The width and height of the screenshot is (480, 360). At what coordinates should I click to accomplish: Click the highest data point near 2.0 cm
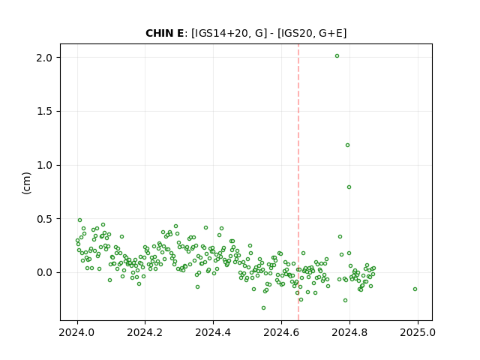pyautogui.click(x=337, y=56)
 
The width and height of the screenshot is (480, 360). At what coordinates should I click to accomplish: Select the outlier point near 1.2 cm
pyautogui.click(x=347, y=145)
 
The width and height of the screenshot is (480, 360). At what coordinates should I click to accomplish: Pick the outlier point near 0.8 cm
pyautogui.click(x=349, y=187)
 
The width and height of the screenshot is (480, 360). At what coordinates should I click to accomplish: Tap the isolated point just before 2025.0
pyautogui.click(x=415, y=289)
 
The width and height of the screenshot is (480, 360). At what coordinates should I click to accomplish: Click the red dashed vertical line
pyautogui.click(x=298, y=182)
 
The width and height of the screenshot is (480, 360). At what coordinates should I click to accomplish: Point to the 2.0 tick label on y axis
pyautogui.click(x=43, y=58)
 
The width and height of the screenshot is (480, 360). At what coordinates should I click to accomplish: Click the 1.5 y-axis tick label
pyautogui.click(x=43, y=112)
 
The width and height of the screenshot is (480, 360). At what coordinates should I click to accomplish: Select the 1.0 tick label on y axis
pyautogui.click(x=43, y=165)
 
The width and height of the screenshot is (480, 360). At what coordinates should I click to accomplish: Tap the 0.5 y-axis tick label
pyautogui.click(x=43, y=219)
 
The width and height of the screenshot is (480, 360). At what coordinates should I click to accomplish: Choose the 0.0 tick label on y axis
pyautogui.click(x=43, y=272)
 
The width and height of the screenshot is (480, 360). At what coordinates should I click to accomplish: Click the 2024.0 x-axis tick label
pyautogui.click(x=76, y=332)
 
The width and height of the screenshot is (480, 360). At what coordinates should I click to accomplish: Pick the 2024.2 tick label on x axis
pyautogui.click(x=145, y=332)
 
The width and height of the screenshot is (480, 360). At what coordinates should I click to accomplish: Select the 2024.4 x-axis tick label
pyautogui.click(x=213, y=332)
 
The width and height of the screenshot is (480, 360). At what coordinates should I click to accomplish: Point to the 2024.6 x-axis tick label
pyautogui.click(x=281, y=332)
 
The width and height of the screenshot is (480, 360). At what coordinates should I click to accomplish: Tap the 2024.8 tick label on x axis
pyautogui.click(x=349, y=332)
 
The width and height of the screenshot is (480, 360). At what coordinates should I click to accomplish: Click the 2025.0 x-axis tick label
pyautogui.click(x=418, y=332)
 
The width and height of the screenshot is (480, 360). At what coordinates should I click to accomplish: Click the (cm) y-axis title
pyautogui.click(x=27, y=183)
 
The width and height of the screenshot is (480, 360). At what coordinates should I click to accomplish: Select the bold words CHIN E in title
pyautogui.click(x=165, y=33)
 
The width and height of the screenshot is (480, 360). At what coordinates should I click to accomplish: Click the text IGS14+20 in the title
pyautogui.click(x=220, y=33)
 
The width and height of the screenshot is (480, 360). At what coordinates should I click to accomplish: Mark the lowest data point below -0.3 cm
pyautogui.click(x=263, y=307)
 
